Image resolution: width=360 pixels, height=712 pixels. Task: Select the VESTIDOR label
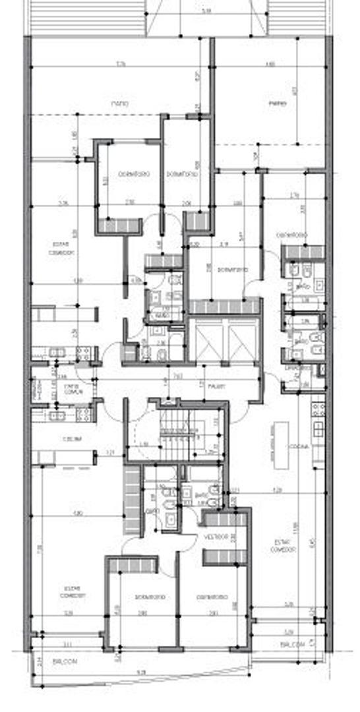(x=215, y=537)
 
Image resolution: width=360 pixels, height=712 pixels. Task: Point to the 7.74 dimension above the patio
(x=121, y=65)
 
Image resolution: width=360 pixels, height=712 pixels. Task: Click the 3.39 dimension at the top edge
(x=208, y=11)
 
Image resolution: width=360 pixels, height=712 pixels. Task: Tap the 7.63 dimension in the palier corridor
(x=178, y=376)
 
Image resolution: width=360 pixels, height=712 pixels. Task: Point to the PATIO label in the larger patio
(x=119, y=104)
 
